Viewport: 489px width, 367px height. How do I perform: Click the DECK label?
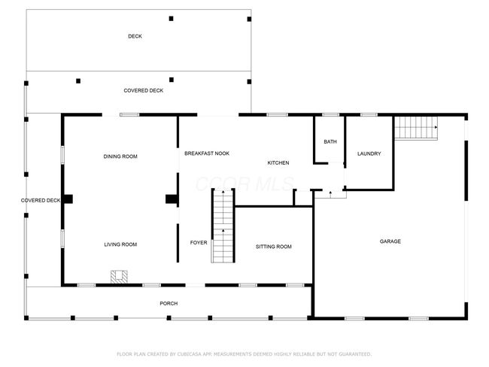(135, 36)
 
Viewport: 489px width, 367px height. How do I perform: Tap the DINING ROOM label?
(120, 156)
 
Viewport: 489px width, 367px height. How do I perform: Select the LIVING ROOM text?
(120, 244)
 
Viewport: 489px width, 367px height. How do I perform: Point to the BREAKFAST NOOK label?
(207, 153)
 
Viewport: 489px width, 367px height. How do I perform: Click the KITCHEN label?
(278, 162)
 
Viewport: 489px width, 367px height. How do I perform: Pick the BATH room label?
(330, 142)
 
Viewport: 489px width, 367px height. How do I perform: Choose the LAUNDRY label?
(369, 153)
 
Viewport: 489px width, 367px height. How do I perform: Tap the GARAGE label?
(390, 241)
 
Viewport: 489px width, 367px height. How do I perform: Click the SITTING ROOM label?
(274, 247)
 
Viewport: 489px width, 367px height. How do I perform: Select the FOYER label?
(199, 243)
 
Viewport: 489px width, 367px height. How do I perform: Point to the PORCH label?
(169, 303)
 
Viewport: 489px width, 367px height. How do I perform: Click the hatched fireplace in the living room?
(119, 277)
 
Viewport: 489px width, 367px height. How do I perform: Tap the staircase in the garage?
(416, 128)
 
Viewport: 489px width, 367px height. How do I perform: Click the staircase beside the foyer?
(223, 226)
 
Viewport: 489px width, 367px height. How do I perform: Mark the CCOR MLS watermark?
(244, 184)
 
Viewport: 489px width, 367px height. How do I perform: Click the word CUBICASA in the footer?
(190, 354)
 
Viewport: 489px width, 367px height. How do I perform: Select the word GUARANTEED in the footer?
(355, 354)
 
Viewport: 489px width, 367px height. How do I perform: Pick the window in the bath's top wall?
(330, 115)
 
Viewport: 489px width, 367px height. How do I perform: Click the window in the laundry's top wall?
(369, 115)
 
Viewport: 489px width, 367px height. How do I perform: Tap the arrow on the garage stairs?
(436, 127)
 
